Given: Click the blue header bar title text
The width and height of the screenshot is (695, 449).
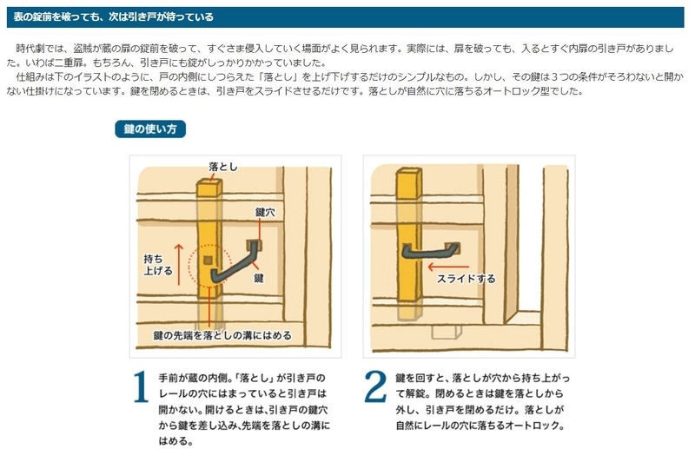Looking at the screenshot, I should click(114, 17).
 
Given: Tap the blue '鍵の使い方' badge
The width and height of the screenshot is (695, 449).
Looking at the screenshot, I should click(149, 129).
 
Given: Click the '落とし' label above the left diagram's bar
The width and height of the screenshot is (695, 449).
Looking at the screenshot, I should click(222, 166).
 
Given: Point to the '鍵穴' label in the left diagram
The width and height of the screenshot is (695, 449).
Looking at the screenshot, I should click(265, 212).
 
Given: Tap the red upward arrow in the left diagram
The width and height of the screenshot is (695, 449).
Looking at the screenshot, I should click(180, 261).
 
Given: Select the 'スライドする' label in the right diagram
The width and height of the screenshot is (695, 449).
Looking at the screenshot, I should click(466, 279).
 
